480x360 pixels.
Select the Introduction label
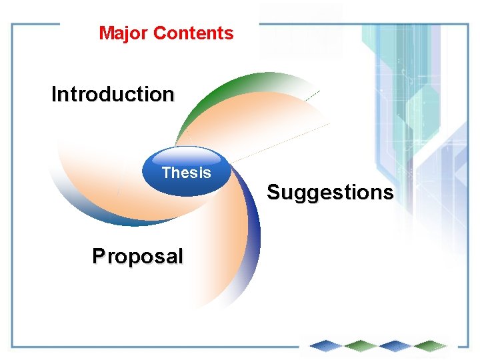click(113, 95)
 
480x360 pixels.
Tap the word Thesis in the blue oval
click(186, 173)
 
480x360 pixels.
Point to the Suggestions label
click(330, 193)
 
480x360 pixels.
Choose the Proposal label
click(137, 256)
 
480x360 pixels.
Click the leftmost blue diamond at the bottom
click(327, 345)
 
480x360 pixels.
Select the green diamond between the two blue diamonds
click(361, 345)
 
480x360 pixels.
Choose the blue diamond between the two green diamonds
click(395, 345)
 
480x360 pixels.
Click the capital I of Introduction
click(54, 95)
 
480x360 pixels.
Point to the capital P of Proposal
click(98, 256)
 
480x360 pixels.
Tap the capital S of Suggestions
click(273, 193)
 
